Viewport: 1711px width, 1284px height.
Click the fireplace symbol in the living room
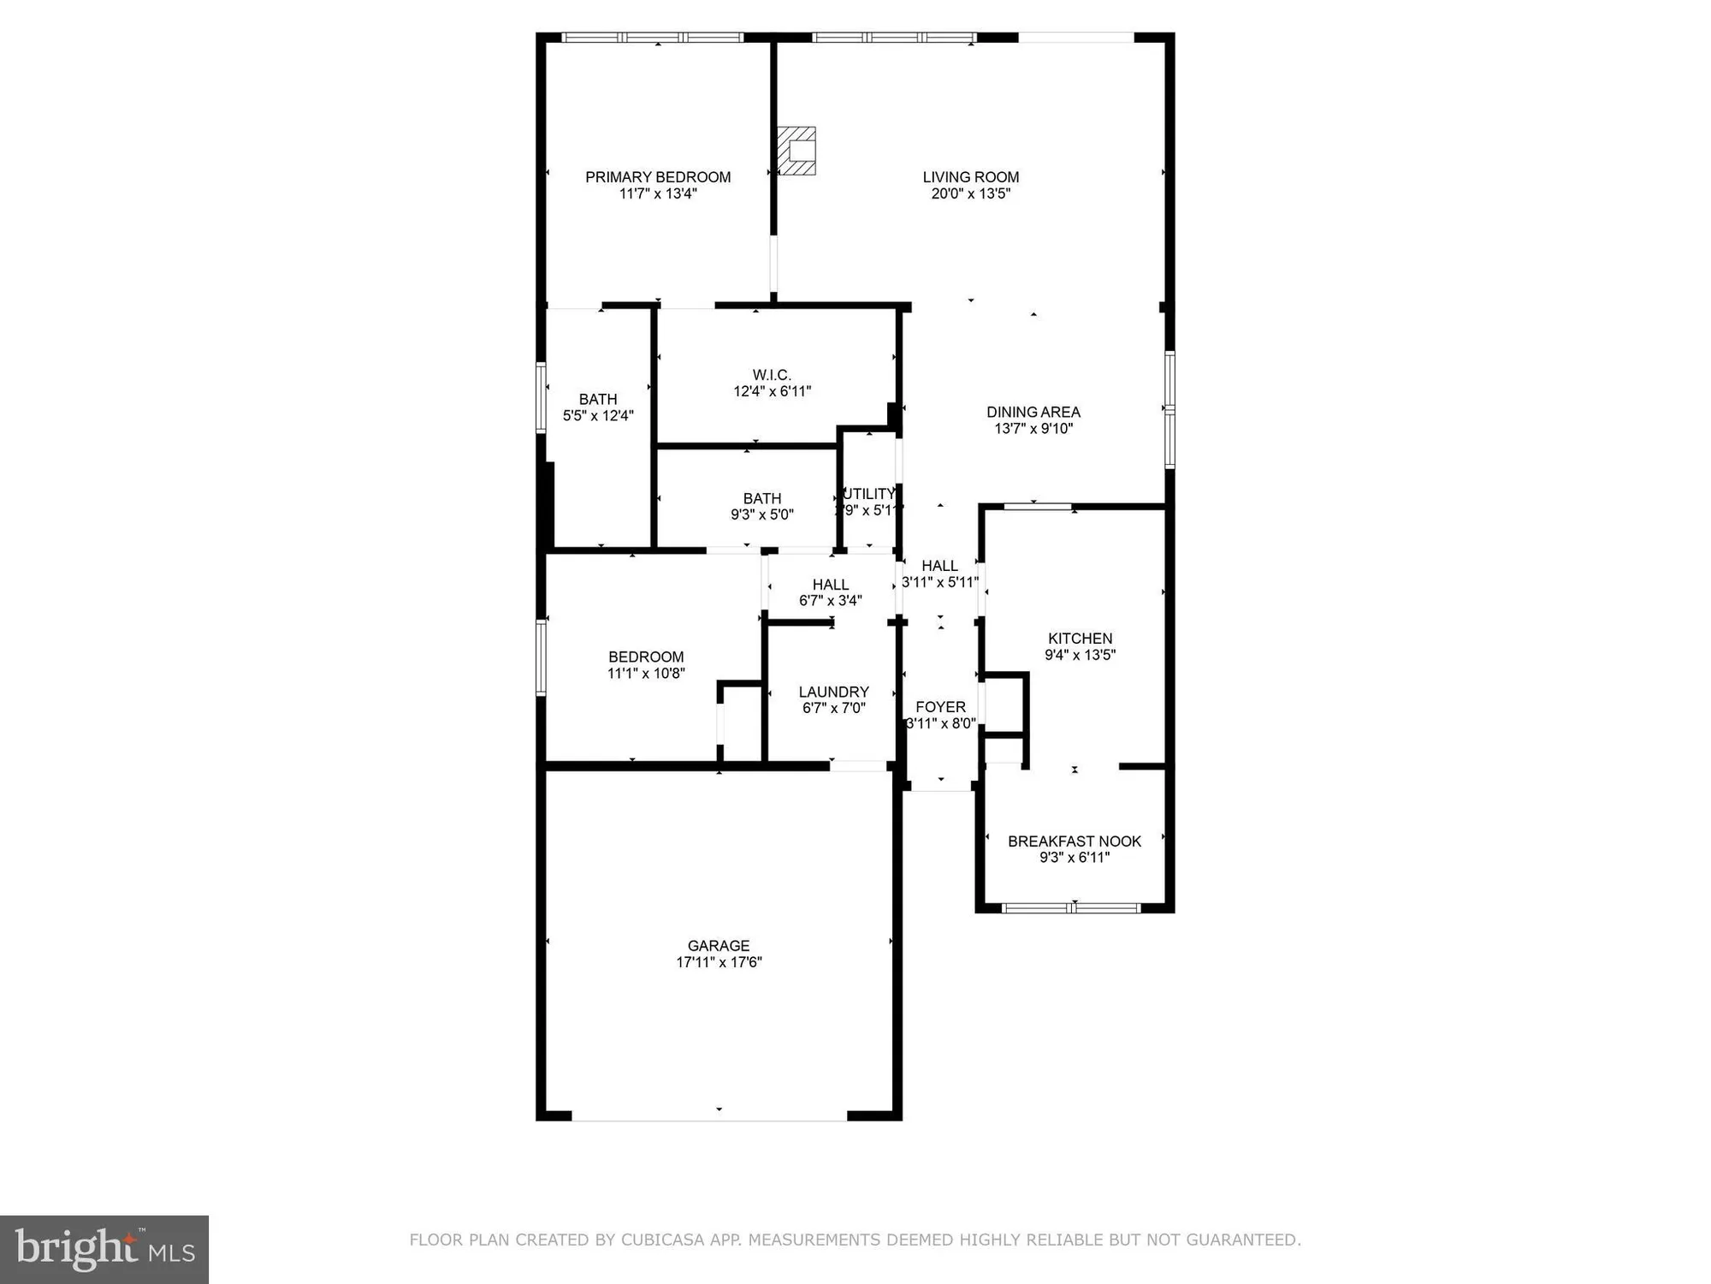point(796,151)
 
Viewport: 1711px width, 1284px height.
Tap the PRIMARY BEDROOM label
point(658,177)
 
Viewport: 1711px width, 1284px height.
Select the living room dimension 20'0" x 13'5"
point(971,193)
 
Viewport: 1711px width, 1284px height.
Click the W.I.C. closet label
point(772,375)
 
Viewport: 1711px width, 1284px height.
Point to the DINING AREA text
point(1033,412)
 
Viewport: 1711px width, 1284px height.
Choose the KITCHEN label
point(1080,639)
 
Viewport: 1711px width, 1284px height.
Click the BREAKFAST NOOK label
point(1075,841)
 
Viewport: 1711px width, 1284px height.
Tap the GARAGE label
point(719,946)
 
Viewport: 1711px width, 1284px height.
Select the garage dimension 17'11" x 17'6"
point(719,962)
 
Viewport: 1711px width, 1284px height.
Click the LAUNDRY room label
point(834,692)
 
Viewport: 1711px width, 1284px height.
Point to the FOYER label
point(940,707)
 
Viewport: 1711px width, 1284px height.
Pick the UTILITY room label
point(869,494)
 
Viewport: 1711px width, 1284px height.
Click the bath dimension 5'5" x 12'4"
point(598,416)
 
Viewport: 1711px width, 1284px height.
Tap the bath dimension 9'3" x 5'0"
point(762,514)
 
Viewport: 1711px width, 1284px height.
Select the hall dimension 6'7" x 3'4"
point(831,601)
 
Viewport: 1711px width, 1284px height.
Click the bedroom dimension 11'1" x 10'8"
point(646,674)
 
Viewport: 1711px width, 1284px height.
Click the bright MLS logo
point(104,1249)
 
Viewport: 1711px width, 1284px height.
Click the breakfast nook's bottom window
point(1071,907)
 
